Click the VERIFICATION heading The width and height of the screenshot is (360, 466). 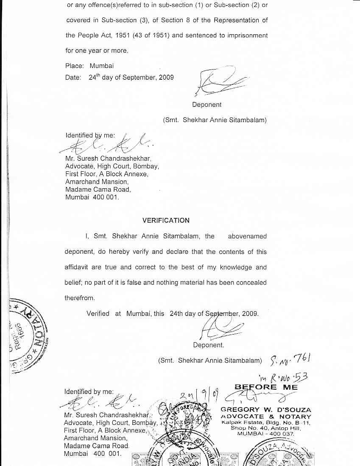click(x=166, y=220)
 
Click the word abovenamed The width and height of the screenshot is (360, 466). click(x=247, y=236)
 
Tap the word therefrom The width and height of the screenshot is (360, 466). click(x=80, y=298)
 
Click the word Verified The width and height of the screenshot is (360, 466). click(x=98, y=314)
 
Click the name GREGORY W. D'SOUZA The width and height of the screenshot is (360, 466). click(x=266, y=410)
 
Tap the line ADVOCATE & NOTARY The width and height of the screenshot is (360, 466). click(x=266, y=417)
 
